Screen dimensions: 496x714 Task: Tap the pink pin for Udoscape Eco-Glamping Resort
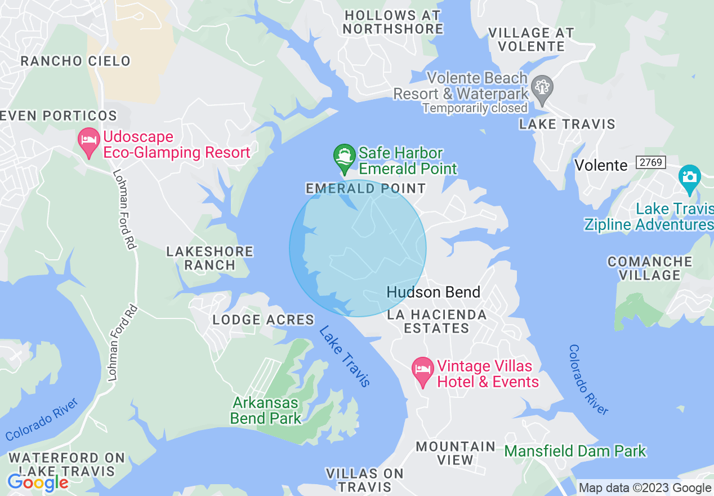tap(88, 141)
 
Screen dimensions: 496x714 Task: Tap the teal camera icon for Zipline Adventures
tap(689, 178)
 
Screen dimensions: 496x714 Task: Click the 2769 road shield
tap(651, 163)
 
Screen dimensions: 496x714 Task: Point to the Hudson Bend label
tap(434, 292)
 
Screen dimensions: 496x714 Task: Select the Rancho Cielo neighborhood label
tap(75, 61)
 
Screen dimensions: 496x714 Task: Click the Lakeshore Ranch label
tap(209, 258)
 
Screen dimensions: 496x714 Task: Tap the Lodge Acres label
tap(263, 320)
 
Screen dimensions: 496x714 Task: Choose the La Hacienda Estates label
tap(437, 321)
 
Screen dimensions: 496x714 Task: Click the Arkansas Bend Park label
tap(265, 410)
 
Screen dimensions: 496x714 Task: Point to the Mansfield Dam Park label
tap(575, 451)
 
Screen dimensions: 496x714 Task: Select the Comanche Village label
tap(650, 268)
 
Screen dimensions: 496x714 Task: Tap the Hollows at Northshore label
tap(393, 23)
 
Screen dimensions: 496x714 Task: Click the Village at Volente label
tap(531, 39)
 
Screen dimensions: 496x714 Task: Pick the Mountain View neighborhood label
tap(456, 453)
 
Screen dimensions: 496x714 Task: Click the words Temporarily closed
tap(475, 107)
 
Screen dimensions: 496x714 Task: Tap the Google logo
tap(38, 482)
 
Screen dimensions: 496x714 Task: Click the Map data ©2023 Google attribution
tap(645, 488)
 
